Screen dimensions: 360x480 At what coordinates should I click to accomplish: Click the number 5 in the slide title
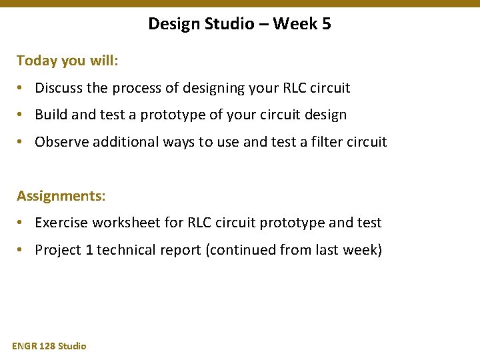click(x=325, y=24)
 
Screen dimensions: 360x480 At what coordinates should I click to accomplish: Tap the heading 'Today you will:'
click(x=67, y=61)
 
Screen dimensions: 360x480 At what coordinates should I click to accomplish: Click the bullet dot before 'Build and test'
click(x=22, y=115)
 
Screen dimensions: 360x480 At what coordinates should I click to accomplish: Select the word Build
click(x=51, y=115)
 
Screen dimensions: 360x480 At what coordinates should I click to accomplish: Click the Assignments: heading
click(x=61, y=196)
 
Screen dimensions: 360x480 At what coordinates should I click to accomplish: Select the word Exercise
click(x=62, y=223)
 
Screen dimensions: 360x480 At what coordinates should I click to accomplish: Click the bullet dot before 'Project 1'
click(x=22, y=251)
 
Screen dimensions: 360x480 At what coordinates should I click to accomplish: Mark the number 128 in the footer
click(x=48, y=346)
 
